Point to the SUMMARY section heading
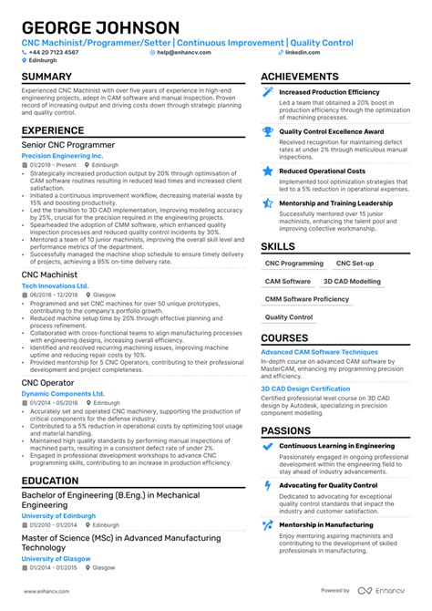[46, 77]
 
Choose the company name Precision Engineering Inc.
[61, 156]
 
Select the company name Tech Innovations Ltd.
[55, 285]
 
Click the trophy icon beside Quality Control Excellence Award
[268, 130]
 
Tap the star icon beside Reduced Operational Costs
[268, 171]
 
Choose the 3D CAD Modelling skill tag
[352, 281]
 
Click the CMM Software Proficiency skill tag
[306, 299]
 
